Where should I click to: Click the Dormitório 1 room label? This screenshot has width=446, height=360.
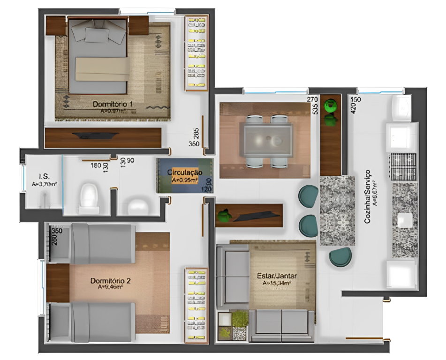tap(113, 104)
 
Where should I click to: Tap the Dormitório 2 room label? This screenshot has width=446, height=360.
tap(111, 281)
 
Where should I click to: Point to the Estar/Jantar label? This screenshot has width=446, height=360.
tap(277, 276)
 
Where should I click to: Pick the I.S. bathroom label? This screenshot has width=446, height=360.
tap(44, 177)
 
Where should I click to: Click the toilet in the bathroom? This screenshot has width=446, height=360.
tap(88, 196)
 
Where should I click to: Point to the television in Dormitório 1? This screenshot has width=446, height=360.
tap(95, 136)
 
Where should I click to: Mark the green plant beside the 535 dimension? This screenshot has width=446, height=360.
tap(332, 106)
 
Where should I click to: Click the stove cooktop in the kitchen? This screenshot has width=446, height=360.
tap(403, 167)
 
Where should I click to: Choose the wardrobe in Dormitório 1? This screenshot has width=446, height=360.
tap(196, 52)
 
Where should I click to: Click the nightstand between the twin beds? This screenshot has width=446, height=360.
tap(58, 283)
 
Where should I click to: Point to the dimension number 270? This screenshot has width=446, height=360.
tap(312, 100)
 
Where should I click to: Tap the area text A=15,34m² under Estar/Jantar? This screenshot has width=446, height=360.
tap(277, 284)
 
